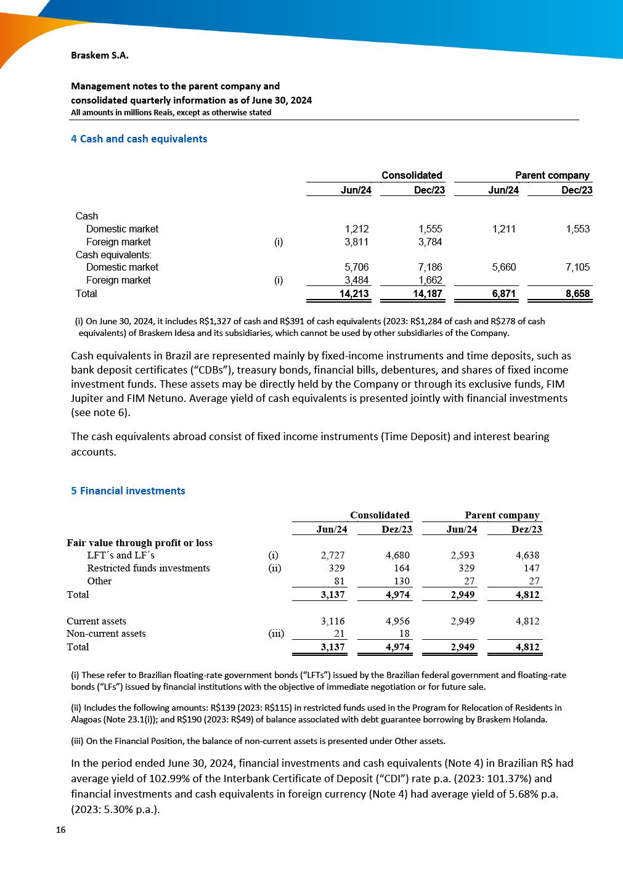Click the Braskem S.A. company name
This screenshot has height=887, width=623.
99,55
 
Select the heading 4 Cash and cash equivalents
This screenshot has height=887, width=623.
139,139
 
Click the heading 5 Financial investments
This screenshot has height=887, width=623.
128,491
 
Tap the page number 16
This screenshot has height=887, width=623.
60,830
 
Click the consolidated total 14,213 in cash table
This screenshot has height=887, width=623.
354,294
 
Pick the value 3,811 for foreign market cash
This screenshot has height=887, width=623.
357,242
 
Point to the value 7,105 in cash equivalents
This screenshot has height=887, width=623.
577,268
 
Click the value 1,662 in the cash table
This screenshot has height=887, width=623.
430,280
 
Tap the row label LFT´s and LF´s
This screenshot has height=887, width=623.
121,555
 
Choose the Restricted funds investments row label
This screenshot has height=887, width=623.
149,568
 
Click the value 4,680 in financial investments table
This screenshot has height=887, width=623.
397,555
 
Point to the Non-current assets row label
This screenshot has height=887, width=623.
106,634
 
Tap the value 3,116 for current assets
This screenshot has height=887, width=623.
333,621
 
